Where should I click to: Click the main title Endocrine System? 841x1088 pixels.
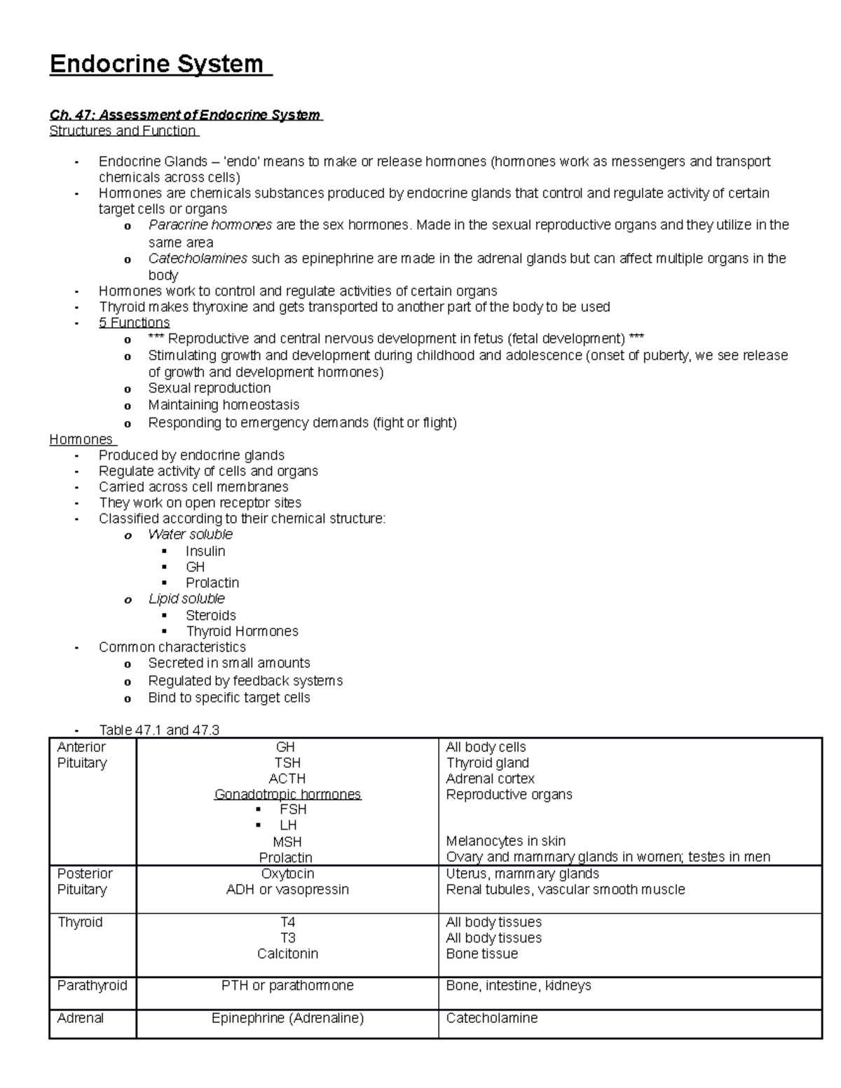157,64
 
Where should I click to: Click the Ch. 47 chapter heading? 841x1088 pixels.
185,115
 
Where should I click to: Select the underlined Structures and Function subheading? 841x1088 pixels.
123,131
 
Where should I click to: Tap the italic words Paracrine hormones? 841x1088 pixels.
210,225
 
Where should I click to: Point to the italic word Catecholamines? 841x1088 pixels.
198,259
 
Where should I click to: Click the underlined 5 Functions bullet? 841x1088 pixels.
135,322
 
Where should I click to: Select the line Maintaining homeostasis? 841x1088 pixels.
224,405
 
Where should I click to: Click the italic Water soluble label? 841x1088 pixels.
190,535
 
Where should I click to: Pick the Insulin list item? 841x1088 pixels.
205,551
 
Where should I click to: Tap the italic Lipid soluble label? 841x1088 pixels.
186,599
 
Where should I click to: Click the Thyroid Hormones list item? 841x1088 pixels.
242,631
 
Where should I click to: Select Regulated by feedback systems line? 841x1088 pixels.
245,681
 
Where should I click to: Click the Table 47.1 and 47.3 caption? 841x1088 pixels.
159,730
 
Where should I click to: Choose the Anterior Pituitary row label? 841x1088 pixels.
82,755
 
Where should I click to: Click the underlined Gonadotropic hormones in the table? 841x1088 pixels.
287,794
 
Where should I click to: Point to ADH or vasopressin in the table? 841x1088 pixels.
287,890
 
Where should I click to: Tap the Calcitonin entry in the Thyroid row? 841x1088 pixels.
287,953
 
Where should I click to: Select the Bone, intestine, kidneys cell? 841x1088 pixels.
519,986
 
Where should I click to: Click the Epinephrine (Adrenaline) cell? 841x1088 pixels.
287,1018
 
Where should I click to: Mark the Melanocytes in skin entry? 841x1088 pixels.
506,841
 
